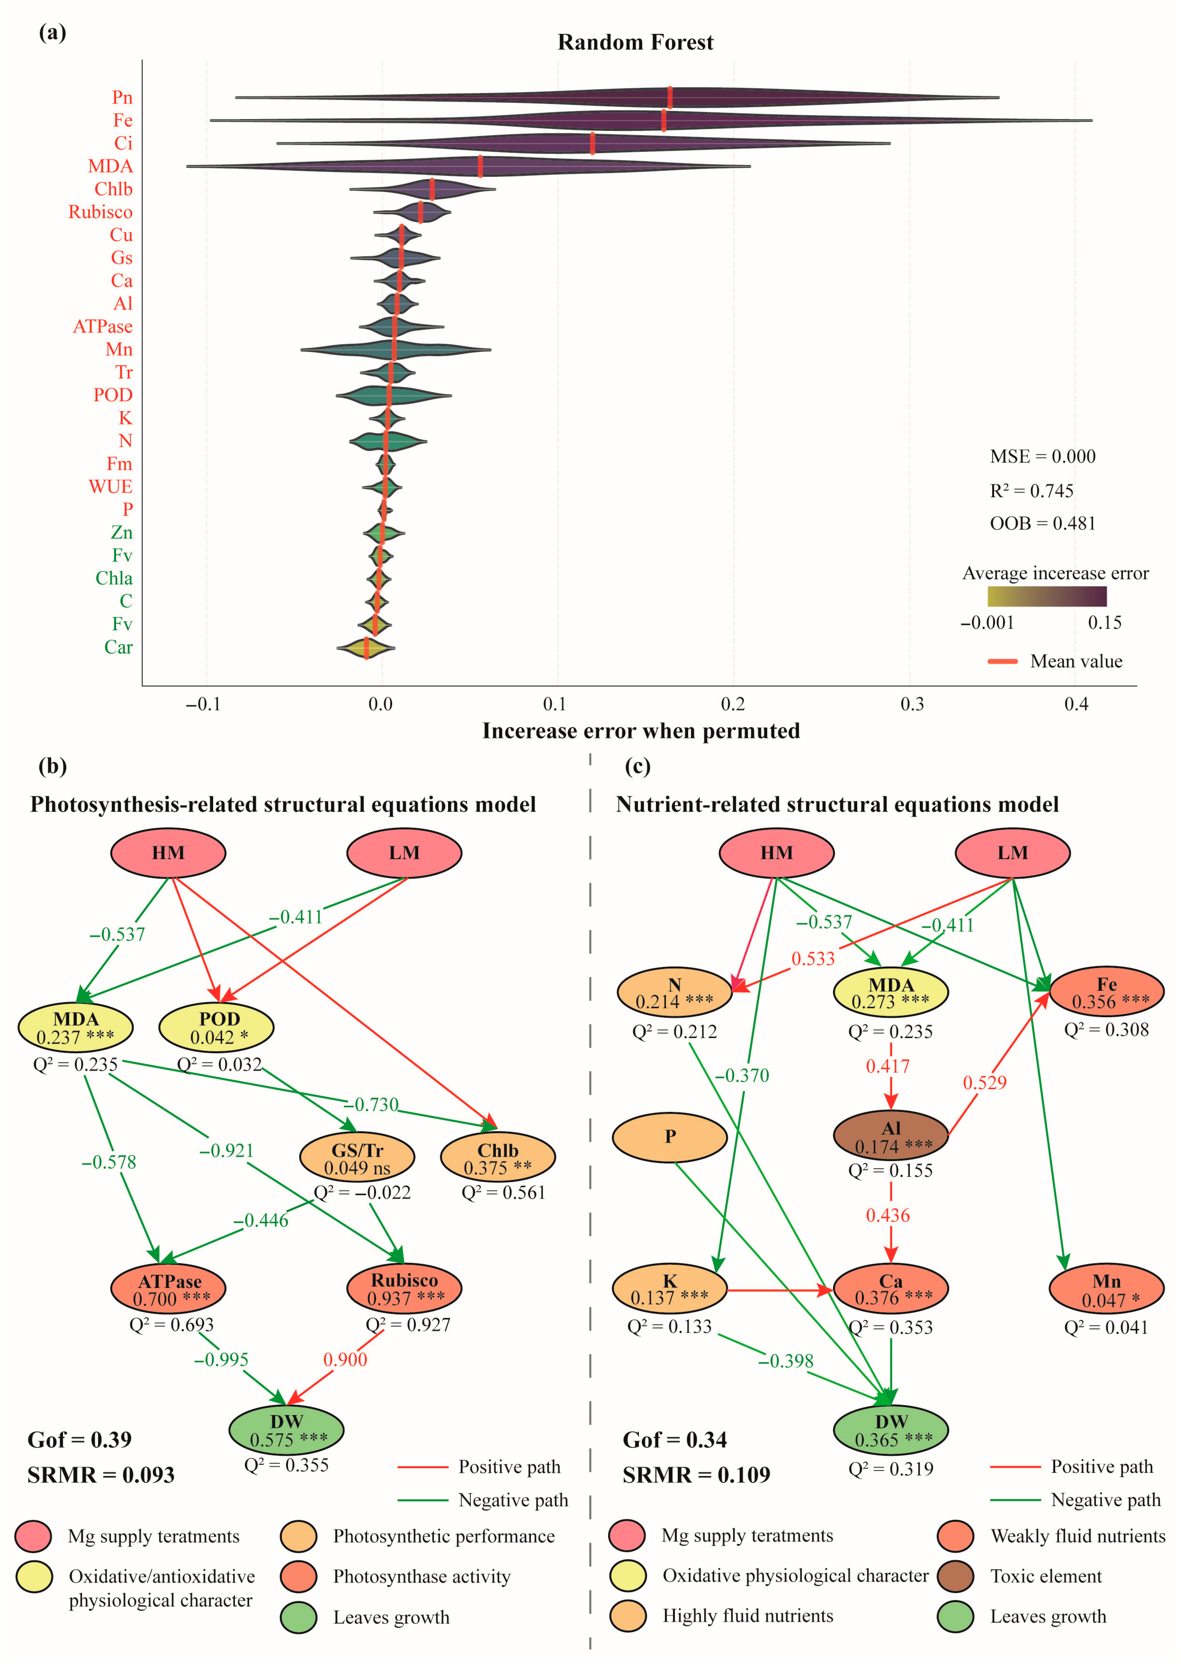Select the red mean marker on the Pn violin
click(x=670, y=97)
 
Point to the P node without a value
click(x=670, y=1136)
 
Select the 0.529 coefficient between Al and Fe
click(x=985, y=1082)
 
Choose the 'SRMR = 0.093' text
click(x=101, y=1475)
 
